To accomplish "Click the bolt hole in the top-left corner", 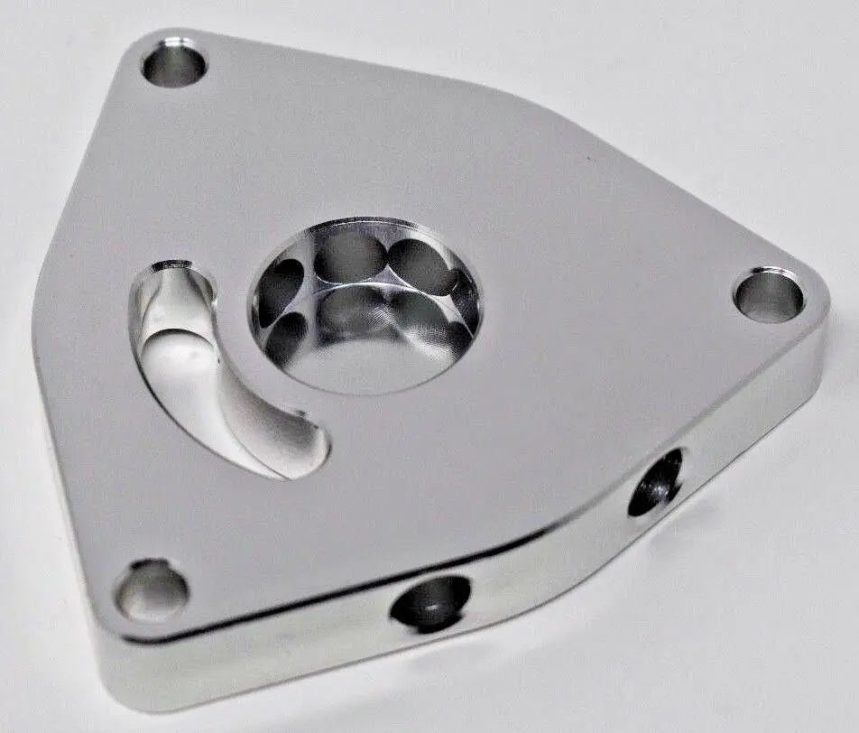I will [x=174, y=64].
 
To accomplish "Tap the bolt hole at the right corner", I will [x=769, y=296].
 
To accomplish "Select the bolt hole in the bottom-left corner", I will [x=152, y=590].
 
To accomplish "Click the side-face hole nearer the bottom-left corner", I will [x=431, y=602].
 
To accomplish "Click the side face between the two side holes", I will [x=550, y=555].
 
